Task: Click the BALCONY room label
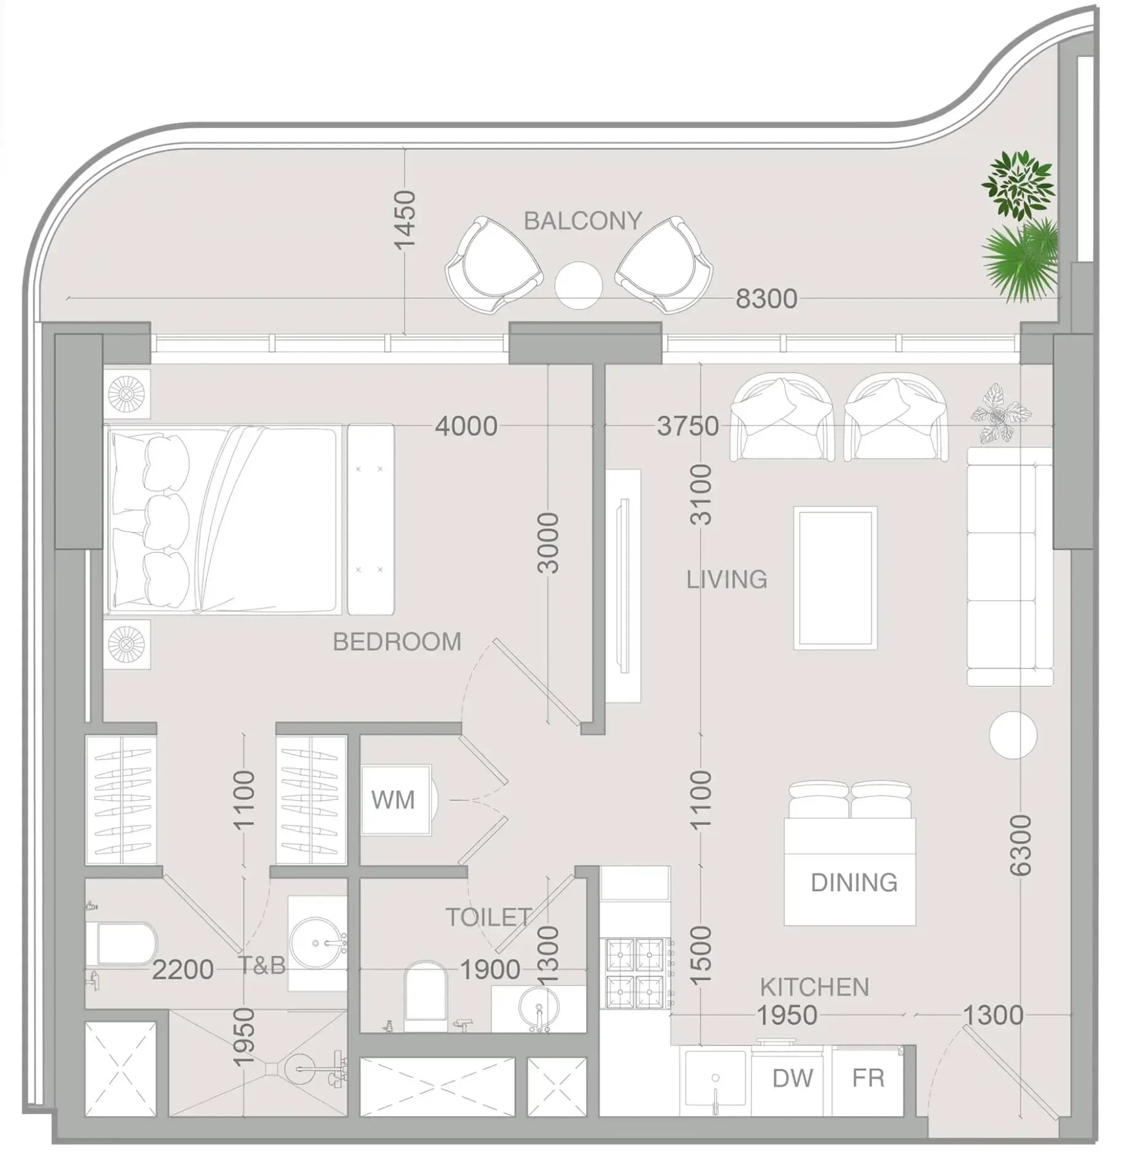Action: pyautogui.click(x=582, y=221)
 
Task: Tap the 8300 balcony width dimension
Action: pyautogui.click(x=766, y=299)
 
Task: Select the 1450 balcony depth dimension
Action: pyautogui.click(x=405, y=220)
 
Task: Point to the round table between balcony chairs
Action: pyautogui.click(x=578, y=285)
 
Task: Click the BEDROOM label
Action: pyautogui.click(x=397, y=642)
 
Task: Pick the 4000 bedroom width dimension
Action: pyautogui.click(x=466, y=426)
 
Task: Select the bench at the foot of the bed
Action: pyautogui.click(x=371, y=519)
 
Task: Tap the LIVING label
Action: pyautogui.click(x=726, y=580)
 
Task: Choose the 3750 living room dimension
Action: pyautogui.click(x=688, y=426)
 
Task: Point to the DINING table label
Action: pyautogui.click(x=854, y=882)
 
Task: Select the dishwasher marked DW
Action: pyautogui.click(x=791, y=1079)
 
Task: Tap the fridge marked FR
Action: pyautogui.click(x=868, y=1079)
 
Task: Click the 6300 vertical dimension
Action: pyautogui.click(x=1020, y=845)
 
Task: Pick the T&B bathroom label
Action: pyautogui.click(x=262, y=966)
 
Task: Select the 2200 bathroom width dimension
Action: pyautogui.click(x=183, y=970)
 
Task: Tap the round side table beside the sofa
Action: pyautogui.click(x=1013, y=735)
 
